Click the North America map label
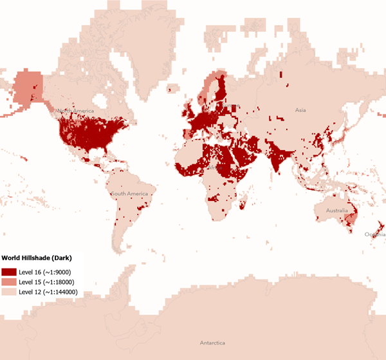click(x=75, y=111)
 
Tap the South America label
click(x=129, y=194)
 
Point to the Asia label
click(x=300, y=110)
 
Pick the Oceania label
click(x=375, y=234)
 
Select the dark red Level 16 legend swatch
click(x=9, y=272)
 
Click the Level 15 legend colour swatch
click(x=9, y=282)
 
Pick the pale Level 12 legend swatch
click(x=9, y=292)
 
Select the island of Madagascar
click(x=242, y=204)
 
